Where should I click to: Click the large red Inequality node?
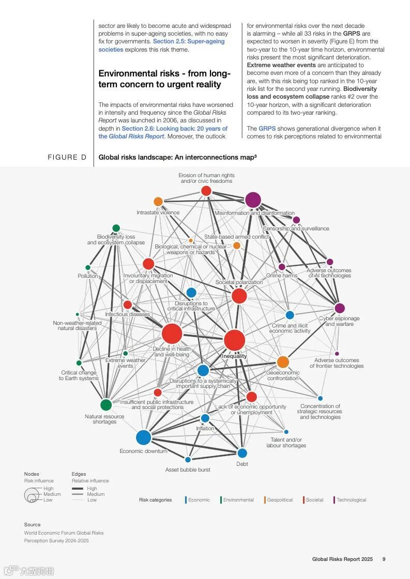pos(234,340)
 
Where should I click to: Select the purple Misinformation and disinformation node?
pos(253,200)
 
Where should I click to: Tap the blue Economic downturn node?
pos(143,437)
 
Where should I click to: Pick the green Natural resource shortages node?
pos(106,405)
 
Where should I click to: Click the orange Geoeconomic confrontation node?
pos(283,362)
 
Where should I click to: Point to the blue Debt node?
pos(242,453)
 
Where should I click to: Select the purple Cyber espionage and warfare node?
pos(340,308)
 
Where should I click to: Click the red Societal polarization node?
pos(239,296)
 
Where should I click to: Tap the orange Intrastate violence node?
pos(158,201)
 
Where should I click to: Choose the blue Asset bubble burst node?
pos(188,460)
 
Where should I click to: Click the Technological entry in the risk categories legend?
pos(351,500)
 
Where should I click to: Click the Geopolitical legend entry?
pos(280,500)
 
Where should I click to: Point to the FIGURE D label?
pos(67,157)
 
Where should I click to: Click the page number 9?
pos(384,559)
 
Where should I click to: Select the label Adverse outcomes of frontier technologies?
pos(337,363)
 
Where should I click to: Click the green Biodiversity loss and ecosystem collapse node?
pos(116,228)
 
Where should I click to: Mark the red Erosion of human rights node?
pos(206,191)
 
